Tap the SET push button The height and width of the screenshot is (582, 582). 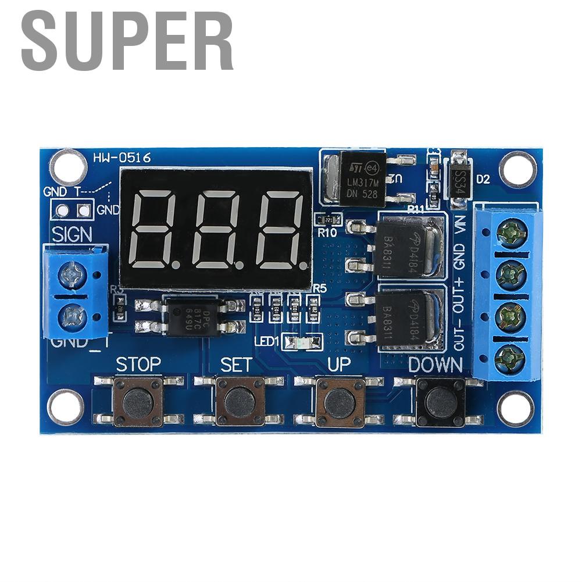(240, 401)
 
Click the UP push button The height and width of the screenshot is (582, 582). (340, 401)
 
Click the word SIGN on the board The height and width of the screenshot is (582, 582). (72, 234)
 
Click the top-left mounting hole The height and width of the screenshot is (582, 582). (68, 166)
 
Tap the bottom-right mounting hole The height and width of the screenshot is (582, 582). (515, 407)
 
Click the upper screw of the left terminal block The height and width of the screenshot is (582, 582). (74, 272)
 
